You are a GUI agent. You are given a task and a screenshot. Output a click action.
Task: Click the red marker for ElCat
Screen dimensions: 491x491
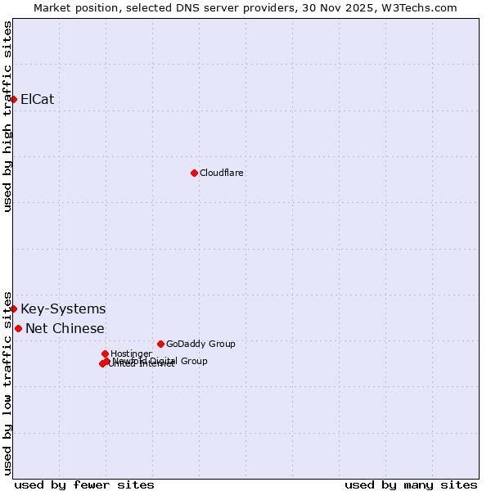(14, 99)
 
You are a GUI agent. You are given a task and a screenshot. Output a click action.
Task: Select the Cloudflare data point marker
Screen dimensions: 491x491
(194, 173)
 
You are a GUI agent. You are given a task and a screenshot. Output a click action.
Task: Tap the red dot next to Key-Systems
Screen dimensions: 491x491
(14, 309)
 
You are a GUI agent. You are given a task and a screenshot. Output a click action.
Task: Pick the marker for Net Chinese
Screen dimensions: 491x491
(19, 328)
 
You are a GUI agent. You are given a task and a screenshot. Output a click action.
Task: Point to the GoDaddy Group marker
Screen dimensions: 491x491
(160, 344)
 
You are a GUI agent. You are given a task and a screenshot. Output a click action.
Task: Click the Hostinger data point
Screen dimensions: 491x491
(106, 354)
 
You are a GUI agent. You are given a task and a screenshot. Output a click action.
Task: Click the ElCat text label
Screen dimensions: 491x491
(37, 99)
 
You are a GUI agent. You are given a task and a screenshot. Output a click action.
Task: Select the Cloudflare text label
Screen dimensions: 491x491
(221, 173)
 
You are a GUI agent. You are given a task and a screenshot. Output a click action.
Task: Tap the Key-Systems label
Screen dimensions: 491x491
(63, 309)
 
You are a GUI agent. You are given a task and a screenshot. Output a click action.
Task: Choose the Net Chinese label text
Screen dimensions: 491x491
(65, 328)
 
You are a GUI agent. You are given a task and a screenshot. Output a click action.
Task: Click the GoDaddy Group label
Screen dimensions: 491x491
(200, 344)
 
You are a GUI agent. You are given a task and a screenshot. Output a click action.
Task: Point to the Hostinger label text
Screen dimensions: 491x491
(131, 354)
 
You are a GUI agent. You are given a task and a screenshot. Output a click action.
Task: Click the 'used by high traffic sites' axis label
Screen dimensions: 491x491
(8, 116)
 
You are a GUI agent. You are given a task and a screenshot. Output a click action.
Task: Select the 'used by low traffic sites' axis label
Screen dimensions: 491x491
(8, 382)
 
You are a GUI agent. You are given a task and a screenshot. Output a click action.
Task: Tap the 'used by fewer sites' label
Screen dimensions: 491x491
(84, 484)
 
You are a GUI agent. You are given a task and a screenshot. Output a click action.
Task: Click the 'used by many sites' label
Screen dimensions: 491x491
(411, 484)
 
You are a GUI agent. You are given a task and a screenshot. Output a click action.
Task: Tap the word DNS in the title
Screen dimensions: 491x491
(185, 7)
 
